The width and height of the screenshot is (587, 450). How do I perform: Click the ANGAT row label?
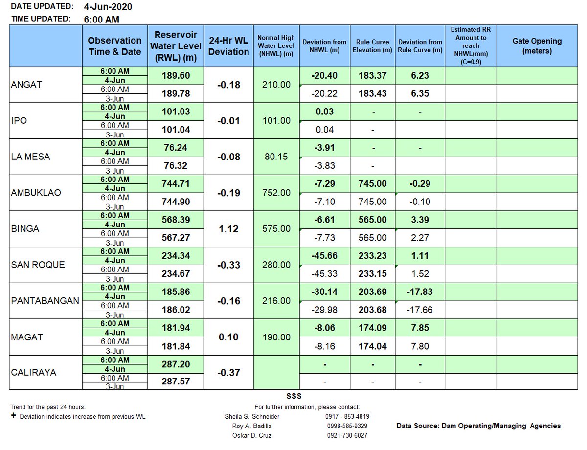26,85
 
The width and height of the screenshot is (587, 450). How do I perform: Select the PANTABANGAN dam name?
45,301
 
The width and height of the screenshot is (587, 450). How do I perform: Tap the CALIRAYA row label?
34,373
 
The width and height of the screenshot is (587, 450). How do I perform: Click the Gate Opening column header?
537,46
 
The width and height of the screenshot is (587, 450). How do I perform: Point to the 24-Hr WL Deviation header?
228,46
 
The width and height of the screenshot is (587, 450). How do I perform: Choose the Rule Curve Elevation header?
374,46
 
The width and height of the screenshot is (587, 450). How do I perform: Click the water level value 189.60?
176,76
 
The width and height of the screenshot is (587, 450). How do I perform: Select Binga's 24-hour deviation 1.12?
228,229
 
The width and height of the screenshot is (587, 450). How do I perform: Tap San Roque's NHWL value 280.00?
276,265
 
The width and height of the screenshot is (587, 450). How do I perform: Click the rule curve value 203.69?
374,292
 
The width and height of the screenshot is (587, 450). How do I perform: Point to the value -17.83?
420,292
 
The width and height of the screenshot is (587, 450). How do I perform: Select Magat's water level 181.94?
176,328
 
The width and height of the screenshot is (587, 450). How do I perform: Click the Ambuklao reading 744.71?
176,184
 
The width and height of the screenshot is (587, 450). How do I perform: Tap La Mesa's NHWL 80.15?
276,157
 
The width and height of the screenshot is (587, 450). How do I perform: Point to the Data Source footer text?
478,426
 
